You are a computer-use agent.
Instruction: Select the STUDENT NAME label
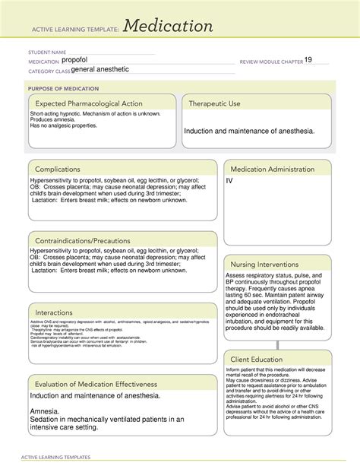coord(48,52)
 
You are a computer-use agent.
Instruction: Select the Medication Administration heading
coord(276,168)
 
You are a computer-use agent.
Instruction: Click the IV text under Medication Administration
coord(229,182)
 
